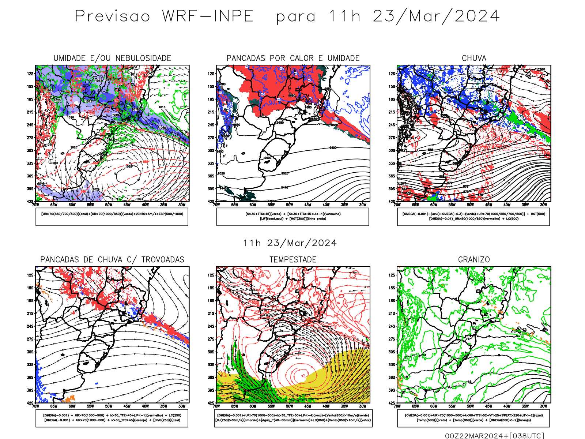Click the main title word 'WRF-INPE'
[x=208, y=16]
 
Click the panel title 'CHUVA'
[x=474, y=58]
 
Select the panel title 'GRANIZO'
[x=474, y=260]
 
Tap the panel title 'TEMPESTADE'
[x=293, y=260]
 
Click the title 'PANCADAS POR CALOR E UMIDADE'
[x=293, y=58]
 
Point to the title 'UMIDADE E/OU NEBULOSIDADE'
[x=112, y=58]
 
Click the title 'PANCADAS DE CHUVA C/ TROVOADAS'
[x=112, y=260]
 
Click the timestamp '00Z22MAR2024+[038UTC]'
[x=494, y=435]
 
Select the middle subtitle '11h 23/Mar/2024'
[x=290, y=243]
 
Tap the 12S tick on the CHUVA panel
[x=392, y=74]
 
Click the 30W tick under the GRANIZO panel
[x=543, y=406]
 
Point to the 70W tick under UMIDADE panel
[x=35, y=205]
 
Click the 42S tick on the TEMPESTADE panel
[x=211, y=403]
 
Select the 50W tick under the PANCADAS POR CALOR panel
[x=289, y=205]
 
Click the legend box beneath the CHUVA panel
[x=473, y=217]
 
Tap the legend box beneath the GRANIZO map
[x=473, y=418]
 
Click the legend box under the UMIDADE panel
[x=112, y=217]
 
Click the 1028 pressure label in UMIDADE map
[x=129, y=166]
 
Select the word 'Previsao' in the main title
[x=113, y=16]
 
